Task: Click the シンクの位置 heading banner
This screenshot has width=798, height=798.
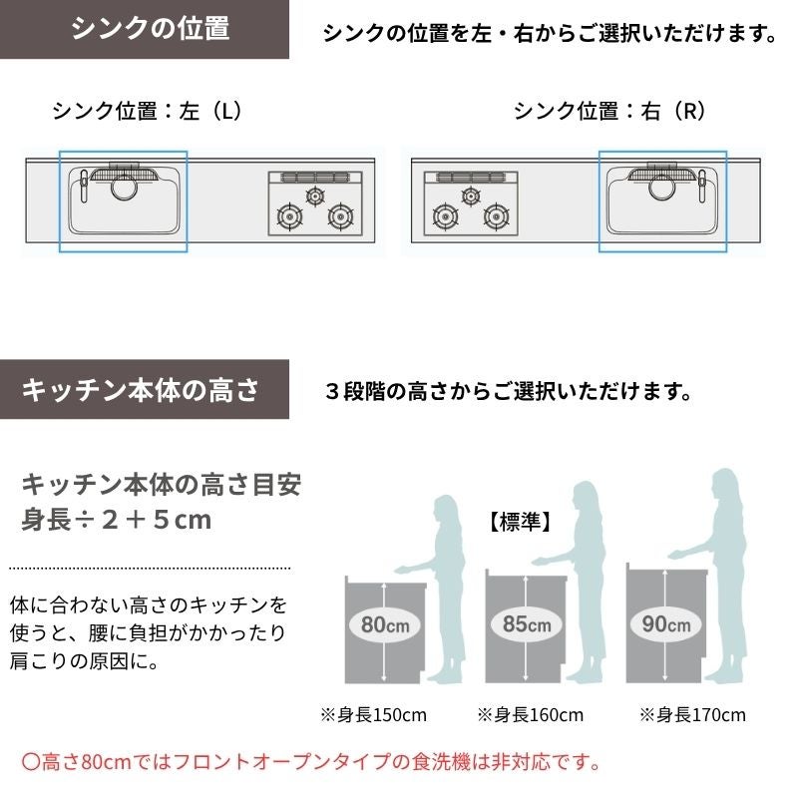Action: (145, 29)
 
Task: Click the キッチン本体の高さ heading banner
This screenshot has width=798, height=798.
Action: (145, 389)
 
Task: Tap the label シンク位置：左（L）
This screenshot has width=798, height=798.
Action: (147, 111)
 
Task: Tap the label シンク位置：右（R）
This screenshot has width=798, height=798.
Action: (609, 111)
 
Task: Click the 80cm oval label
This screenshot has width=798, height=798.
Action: (385, 624)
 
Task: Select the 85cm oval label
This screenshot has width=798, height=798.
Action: (527, 624)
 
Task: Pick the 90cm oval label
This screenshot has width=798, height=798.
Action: (665, 624)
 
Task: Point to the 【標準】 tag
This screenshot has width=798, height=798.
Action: (520, 522)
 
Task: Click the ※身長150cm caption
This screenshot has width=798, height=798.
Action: (373, 715)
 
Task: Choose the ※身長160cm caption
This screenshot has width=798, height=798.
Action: (531, 715)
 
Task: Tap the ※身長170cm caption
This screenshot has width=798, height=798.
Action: (692, 715)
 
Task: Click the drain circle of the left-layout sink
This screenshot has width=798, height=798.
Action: (124, 187)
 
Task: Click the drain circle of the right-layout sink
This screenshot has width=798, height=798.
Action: (662, 187)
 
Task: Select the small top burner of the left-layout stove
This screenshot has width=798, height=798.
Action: (315, 196)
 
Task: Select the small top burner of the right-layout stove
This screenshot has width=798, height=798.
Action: (471, 196)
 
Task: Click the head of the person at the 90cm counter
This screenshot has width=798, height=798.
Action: (725, 488)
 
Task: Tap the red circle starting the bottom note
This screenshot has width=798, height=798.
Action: (31, 762)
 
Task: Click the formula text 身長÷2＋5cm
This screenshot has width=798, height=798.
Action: (116, 520)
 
